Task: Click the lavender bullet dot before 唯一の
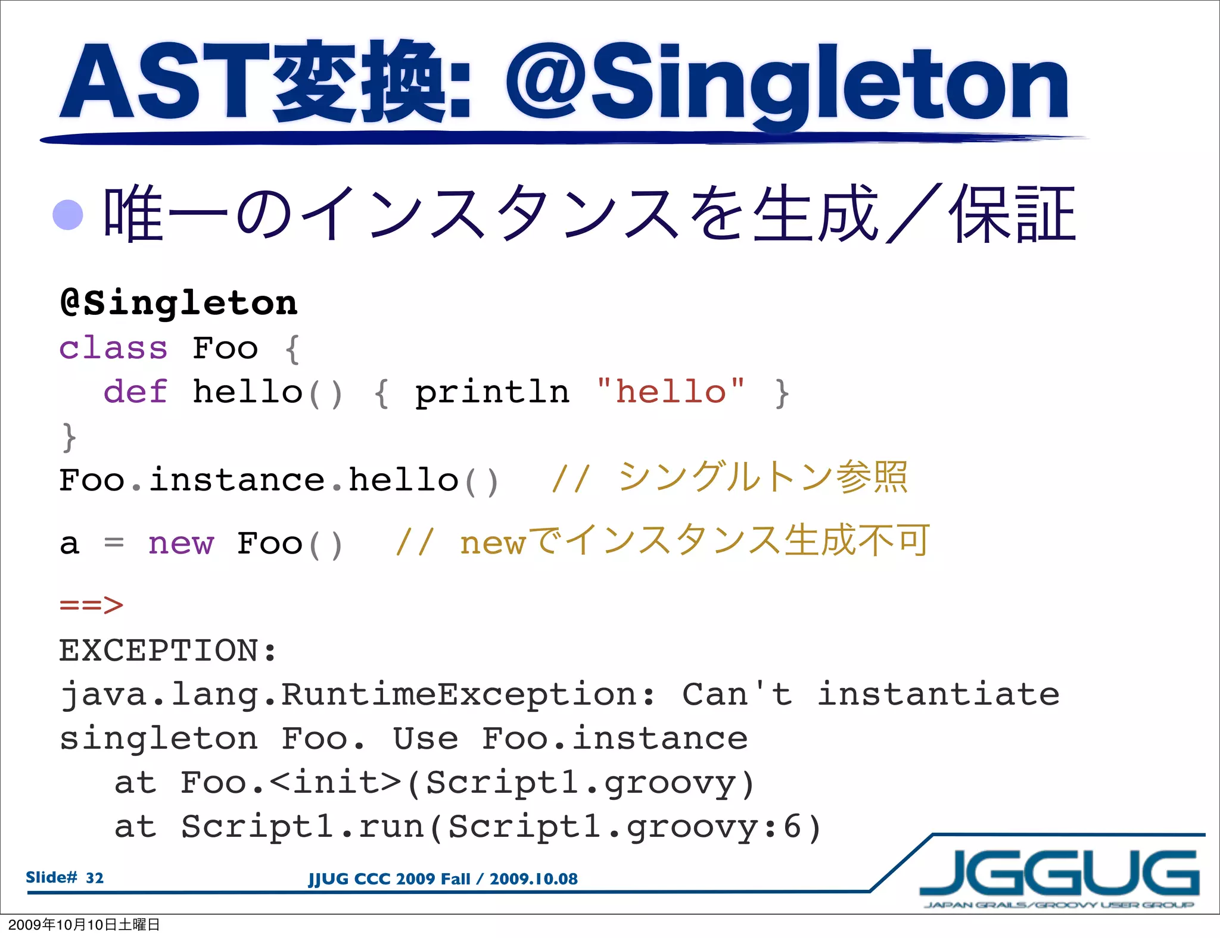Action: pyautogui.click(x=68, y=214)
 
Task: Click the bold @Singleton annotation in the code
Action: pyautogui.click(x=179, y=303)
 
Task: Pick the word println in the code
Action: pyautogui.click(x=492, y=393)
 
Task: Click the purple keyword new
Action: pyautogui.click(x=180, y=543)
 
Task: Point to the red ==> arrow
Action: pyautogui.click(x=91, y=605)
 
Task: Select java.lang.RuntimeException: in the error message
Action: pyautogui.click(x=357, y=695)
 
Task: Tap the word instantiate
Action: pyautogui.click(x=938, y=695)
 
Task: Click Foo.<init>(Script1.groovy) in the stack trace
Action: pyautogui.click(x=468, y=783)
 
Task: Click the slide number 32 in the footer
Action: pyautogui.click(x=95, y=878)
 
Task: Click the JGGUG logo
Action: pyautogui.click(x=1059, y=875)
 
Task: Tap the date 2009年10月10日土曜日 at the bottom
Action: pyautogui.click(x=84, y=924)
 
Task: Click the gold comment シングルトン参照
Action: pyautogui.click(x=762, y=477)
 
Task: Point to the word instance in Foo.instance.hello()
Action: pyautogui.click(x=237, y=480)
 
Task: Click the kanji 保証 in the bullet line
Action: pyautogui.click(x=1013, y=214)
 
